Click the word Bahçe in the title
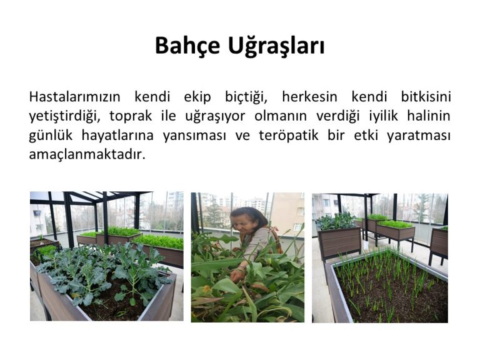pos(187,46)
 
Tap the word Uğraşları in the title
pos(276,46)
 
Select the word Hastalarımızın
pos(74,97)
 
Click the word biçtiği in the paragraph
pos(246,97)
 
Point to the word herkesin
pos(309,97)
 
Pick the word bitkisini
pos(426,97)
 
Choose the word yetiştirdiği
pos(64,117)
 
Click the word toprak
pos(131,117)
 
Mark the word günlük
pos(51,136)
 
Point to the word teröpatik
pos(289,136)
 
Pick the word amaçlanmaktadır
pos(87,154)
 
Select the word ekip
pos(197,97)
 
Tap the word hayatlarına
pos(117,136)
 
